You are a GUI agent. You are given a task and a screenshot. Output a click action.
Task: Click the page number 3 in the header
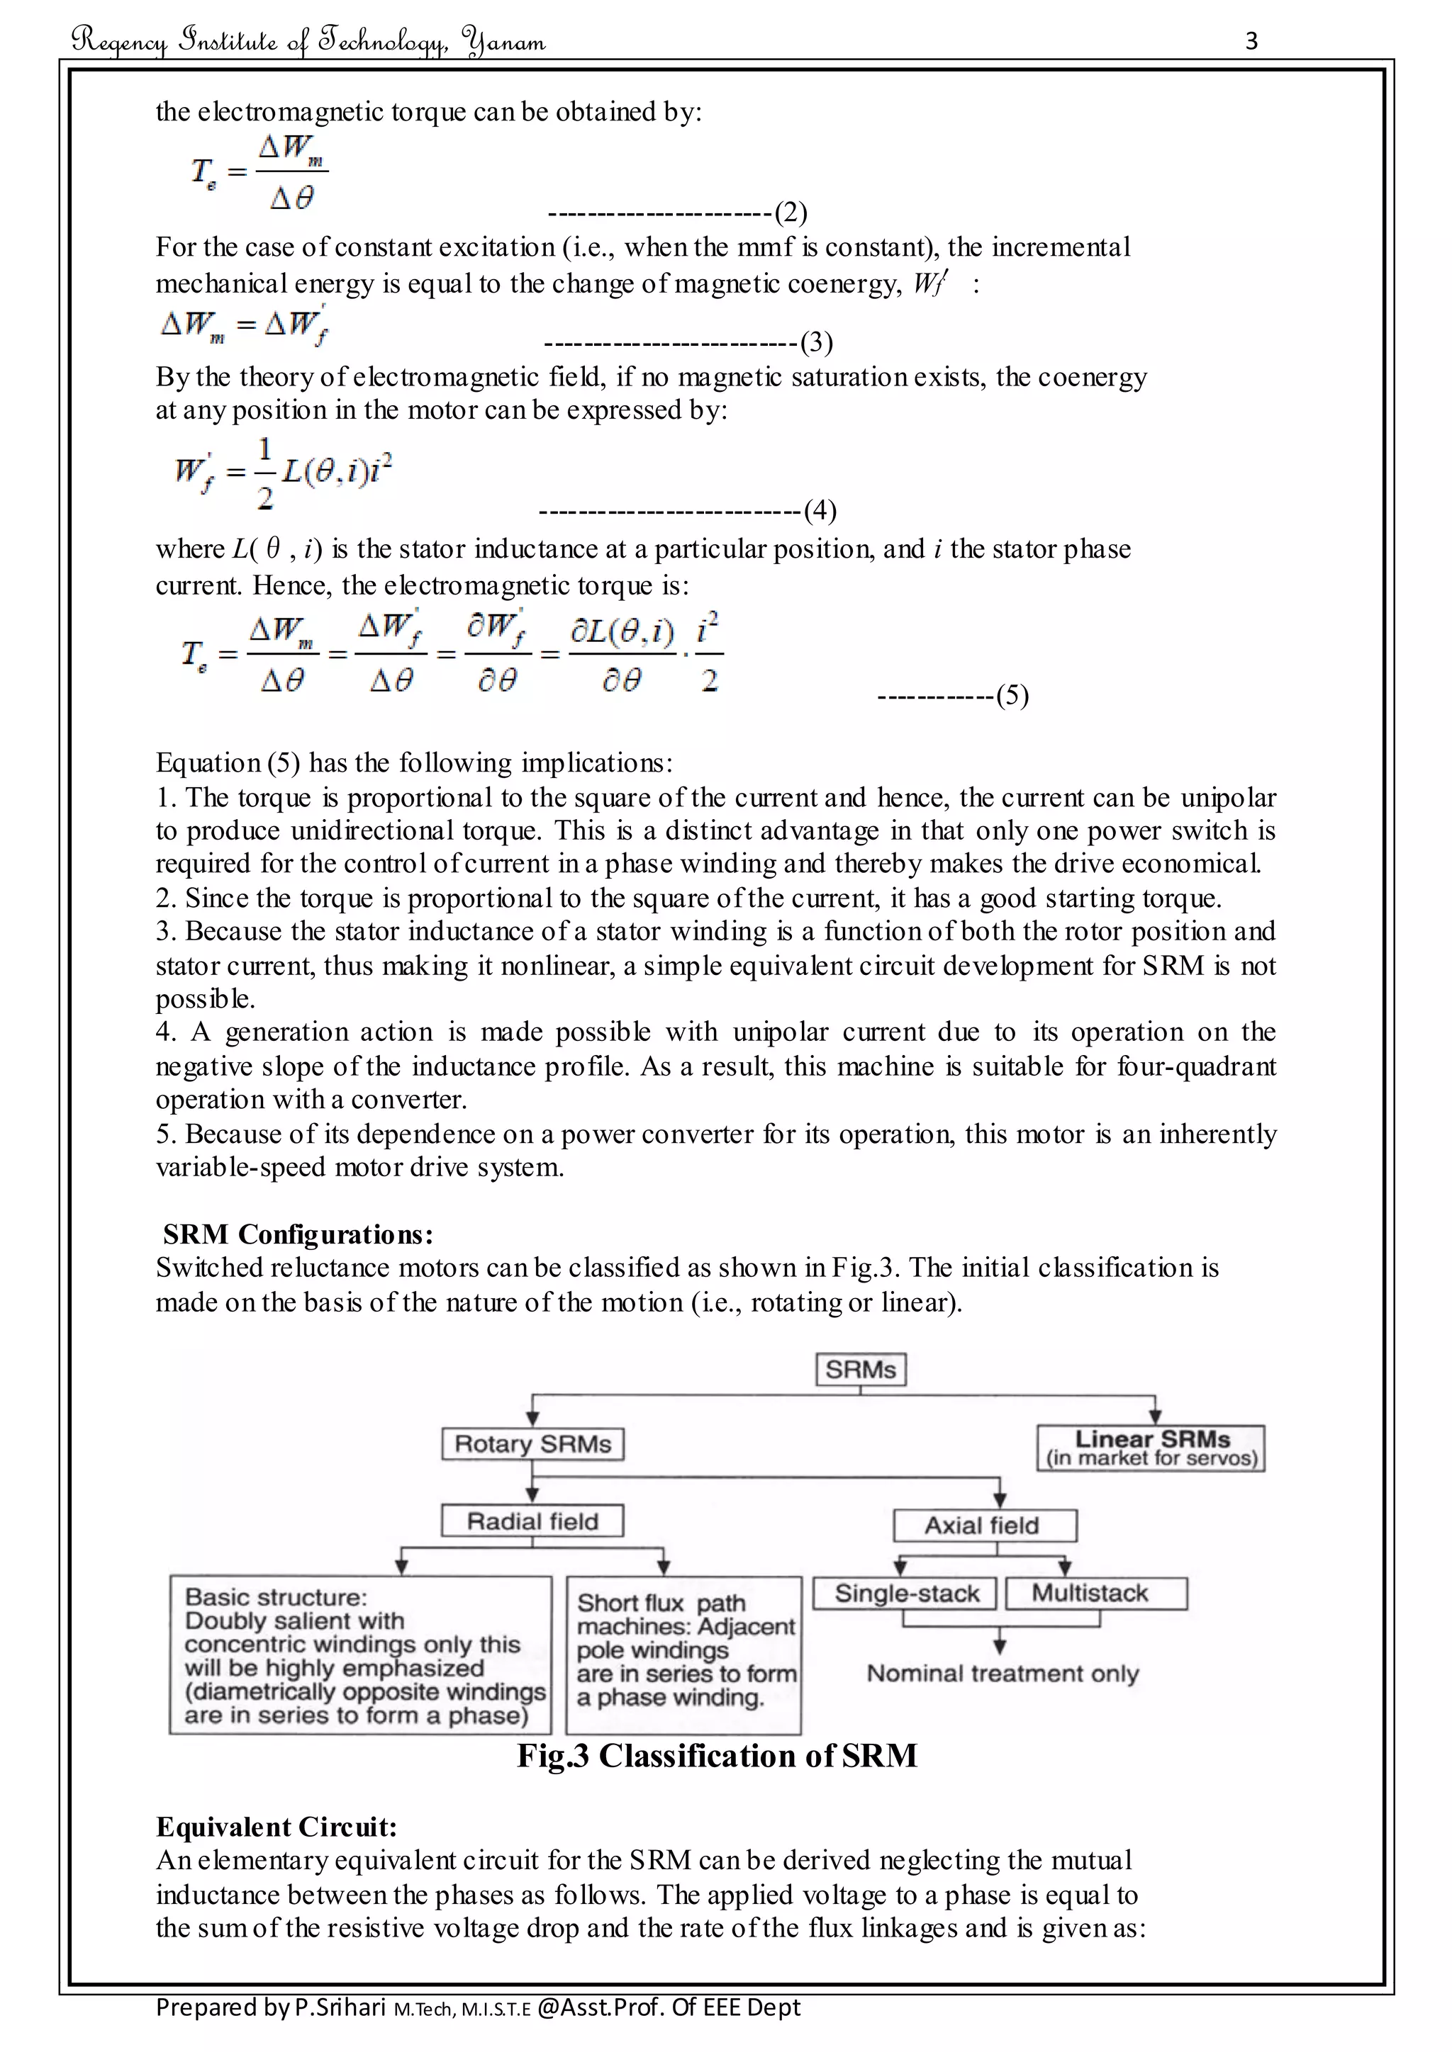pos(1251,41)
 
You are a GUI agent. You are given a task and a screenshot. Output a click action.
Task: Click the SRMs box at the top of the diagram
pos(860,1369)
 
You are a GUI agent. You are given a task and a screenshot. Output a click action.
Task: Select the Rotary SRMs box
pos(533,1443)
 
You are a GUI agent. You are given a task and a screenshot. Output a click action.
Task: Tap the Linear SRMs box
pos(1151,1448)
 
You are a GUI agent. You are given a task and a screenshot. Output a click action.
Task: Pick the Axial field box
pos(983,1525)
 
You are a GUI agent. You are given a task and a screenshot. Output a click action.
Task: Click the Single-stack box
pos(905,1593)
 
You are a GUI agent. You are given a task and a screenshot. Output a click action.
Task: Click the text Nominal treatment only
pos(1003,1673)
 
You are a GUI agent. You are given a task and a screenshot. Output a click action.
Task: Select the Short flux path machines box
pos(684,1650)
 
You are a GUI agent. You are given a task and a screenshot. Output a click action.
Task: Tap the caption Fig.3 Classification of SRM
pos(717,1755)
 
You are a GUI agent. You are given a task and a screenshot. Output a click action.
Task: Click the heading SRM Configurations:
pos(298,1234)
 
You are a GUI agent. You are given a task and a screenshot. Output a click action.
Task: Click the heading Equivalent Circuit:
pos(277,1826)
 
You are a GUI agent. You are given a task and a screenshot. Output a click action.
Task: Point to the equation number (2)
pos(791,213)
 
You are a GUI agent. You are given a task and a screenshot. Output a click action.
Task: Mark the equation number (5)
pos(1012,695)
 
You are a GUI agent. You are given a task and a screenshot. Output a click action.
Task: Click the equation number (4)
pos(820,510)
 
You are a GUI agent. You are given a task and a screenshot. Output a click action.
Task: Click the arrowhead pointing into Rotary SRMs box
pos(533,1419)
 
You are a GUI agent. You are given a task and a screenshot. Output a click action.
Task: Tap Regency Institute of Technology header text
pos(308,41)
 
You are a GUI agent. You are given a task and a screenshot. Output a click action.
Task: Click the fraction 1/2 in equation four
pos(264,473)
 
